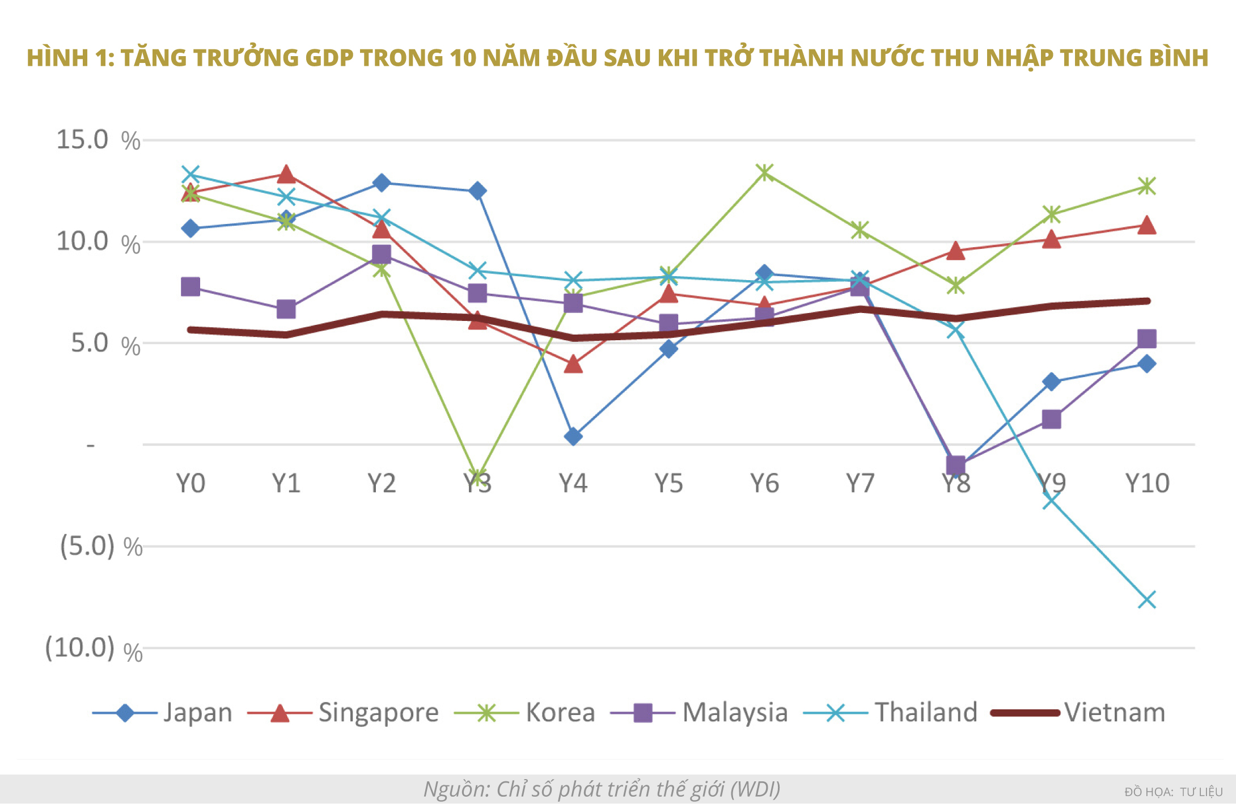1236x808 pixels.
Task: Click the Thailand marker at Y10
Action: [1146, 599]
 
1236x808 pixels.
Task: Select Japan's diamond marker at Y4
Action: [573, 436]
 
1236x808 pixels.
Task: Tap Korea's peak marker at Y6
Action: [765, 172]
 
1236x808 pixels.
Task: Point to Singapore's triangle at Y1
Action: [286, 174]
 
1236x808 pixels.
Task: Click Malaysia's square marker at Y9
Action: [1051, 420]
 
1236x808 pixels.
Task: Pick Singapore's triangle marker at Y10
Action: [1146, 225]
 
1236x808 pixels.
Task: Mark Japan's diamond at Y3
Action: [477, 191]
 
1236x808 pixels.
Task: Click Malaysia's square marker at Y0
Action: [191, 287]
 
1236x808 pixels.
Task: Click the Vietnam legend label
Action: [1114, 712]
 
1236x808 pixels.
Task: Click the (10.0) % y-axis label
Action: [94, 648]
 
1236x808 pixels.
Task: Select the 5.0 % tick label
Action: [105, 343]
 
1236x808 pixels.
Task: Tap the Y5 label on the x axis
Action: [668, 484]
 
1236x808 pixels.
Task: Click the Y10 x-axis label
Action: [1146, 484]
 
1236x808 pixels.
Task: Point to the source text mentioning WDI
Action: [602, 789]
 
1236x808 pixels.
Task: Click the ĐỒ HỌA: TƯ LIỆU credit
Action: [1174, 792]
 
